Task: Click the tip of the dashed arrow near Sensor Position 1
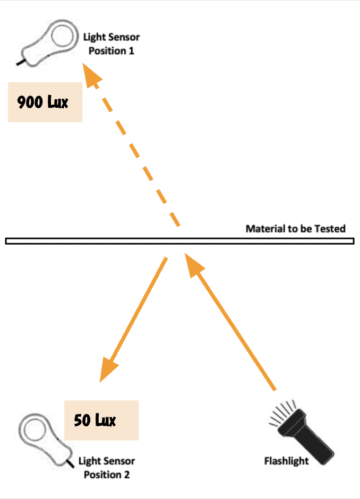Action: [x=83, y=63]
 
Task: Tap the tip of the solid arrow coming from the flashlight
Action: [x=185, y=253]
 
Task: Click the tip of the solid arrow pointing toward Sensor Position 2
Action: [x=100, y=382]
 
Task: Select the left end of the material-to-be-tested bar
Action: [x=6, y=241]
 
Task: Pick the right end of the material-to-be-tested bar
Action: [x=354, y=241]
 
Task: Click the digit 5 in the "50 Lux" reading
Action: [x=78, y=420]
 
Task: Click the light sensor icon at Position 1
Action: [x=48, y=43]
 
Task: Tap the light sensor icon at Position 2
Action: [x=46, y=439]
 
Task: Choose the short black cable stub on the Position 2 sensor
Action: [x=70, y=463]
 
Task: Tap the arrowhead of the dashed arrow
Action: [x=92, y=75]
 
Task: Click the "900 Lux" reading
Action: [x=42, y=102]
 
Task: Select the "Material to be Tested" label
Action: [x=295, y=228]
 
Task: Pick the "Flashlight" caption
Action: [x=287, y=461]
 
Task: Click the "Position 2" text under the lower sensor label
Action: [x=107, y=475]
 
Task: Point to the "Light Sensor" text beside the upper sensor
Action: [x=112, y=37]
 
